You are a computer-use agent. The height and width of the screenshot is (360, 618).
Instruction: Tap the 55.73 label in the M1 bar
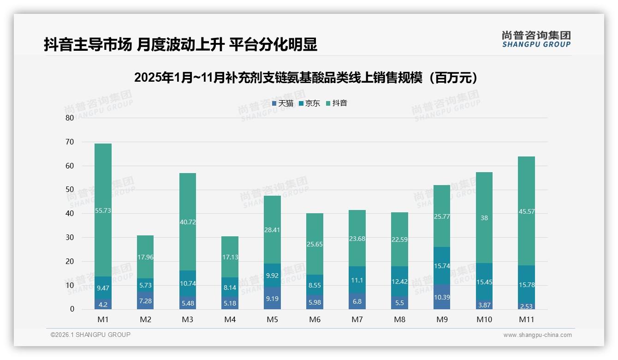coord(103,210)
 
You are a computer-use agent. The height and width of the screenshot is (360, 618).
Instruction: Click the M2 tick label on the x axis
coord(145,319)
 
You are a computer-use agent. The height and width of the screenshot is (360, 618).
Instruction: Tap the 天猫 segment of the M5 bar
coord(273,298)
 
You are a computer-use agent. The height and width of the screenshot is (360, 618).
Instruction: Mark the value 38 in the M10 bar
coord(484,218)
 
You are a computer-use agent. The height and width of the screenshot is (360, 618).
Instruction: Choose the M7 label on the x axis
coord(357,319)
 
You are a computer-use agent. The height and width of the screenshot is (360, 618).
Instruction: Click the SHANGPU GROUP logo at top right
coord(536,39)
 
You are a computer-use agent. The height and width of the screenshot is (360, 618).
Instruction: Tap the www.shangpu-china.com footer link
coord(537,335)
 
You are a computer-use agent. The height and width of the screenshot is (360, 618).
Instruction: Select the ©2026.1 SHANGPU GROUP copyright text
coord(90,335)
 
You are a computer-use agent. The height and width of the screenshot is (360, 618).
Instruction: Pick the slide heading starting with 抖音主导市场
coord(180,45)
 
